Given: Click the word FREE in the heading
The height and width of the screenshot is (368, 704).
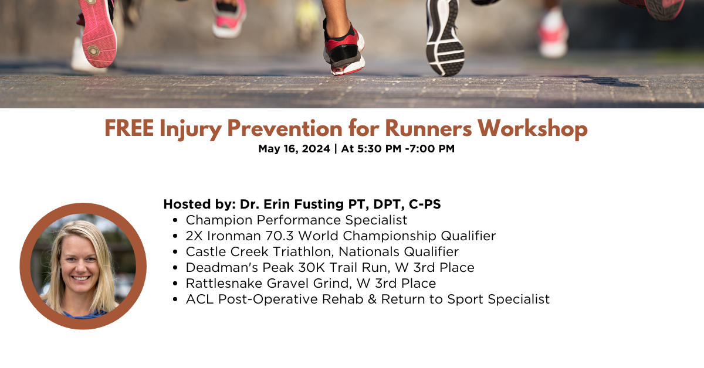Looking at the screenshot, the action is [129, 129].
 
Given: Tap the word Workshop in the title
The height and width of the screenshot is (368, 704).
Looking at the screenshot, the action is [533, 128].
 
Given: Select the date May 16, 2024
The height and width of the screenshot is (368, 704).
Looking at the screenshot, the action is [294, 149].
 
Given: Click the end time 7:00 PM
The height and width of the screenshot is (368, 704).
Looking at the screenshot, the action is [432, 148].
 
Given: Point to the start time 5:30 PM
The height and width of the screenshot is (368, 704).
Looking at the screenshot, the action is [379, 148].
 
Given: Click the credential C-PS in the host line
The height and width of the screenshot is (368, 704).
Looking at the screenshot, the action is [425, 204].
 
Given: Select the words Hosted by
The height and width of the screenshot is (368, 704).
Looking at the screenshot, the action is [199, 205].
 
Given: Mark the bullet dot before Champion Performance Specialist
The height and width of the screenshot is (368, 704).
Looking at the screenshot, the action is [175, 220].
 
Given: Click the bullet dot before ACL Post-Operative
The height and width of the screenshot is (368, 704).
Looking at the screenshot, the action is [175, 299].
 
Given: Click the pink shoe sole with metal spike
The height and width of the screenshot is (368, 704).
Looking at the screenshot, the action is [97, 33].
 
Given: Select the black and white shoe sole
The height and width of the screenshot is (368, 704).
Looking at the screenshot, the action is [445, 38].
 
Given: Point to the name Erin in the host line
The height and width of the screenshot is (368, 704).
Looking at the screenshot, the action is [277, 204].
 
